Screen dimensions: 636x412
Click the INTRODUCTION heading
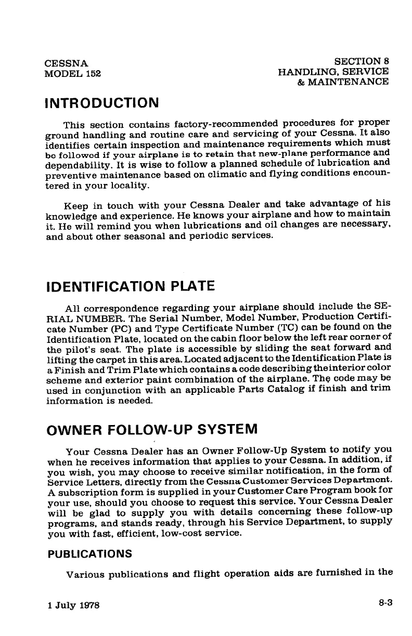click(x=102, y=101)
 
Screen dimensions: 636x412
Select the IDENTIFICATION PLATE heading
click(x=130, y=286)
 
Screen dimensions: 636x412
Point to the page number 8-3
click(x=385, y=603)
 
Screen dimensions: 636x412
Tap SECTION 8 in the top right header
click(x=362, y=61)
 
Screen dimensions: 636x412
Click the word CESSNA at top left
click(x=66, y=63)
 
